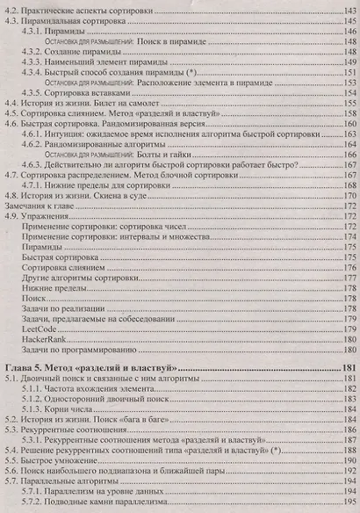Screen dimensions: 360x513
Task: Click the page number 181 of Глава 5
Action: pos(346,366)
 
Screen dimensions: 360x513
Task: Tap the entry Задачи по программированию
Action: pos(79,349)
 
